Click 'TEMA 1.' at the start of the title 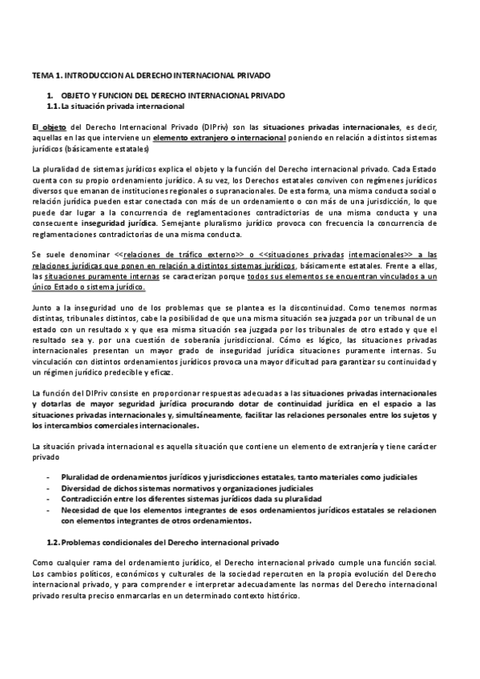[42, 74]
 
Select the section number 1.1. [53, 106]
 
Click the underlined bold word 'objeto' [53, 127]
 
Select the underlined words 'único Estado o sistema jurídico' [88, 285]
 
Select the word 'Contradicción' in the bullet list [88, 498]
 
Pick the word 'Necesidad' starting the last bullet [82, 509]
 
